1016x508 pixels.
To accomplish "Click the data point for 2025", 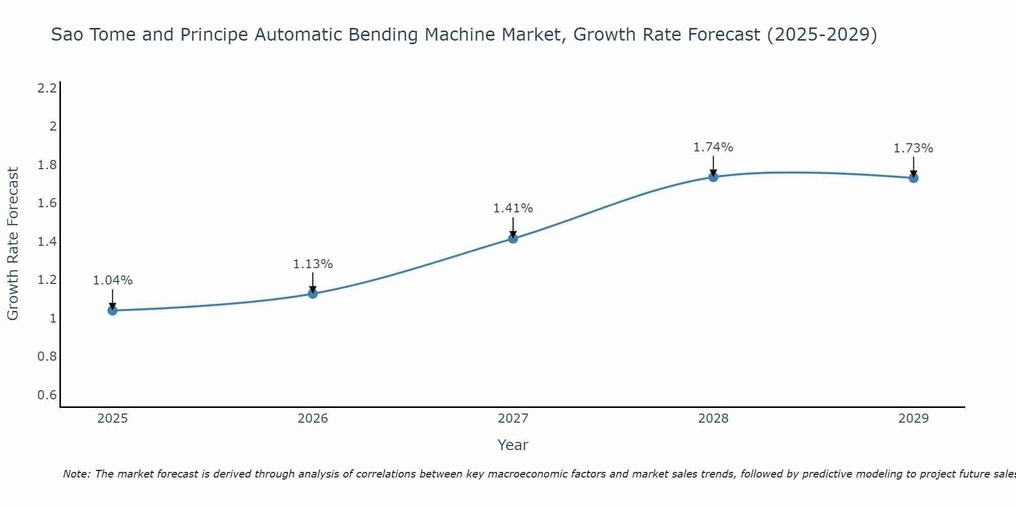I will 112,310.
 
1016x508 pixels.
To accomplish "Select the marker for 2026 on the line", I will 313,294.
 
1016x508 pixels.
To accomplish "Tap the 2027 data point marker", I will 513,238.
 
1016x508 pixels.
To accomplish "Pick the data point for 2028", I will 713,177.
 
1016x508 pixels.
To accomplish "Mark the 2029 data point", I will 913,178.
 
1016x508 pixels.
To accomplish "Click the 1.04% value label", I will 113,280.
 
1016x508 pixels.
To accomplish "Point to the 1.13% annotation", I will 313,264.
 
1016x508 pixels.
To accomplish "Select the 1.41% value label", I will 513,208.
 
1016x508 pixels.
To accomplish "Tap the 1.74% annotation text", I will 713,147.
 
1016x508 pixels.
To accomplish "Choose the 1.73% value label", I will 913,148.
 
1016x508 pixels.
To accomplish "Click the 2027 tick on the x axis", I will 513,419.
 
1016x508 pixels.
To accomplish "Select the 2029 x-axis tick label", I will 913,419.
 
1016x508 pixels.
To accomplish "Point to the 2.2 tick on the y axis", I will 47,88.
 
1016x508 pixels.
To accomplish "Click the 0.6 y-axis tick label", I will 47,395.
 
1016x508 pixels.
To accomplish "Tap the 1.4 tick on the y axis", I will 47,242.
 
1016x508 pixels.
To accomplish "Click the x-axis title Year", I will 513,445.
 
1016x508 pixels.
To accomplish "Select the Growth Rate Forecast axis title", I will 13,244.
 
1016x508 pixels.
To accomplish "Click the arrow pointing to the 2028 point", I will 713,166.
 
